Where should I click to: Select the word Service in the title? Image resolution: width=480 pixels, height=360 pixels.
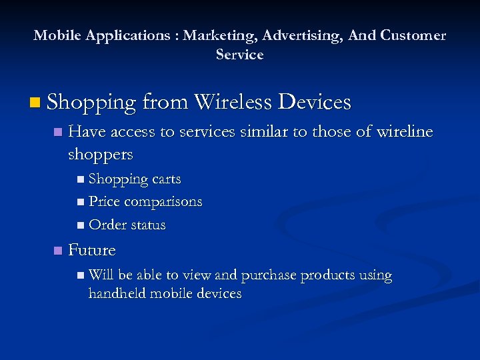point(239,55)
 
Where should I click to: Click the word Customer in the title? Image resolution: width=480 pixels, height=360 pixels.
point(413,36)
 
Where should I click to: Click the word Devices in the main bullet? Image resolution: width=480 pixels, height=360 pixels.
point(314,102)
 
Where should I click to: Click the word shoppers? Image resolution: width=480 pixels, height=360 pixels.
point(101,155)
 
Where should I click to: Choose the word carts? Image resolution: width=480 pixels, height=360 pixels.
point(166,179)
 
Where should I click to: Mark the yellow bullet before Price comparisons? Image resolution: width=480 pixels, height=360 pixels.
point(81,202)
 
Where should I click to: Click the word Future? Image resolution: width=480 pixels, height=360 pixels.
point(92,251)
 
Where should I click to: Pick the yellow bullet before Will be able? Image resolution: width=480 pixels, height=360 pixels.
point(81,275)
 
